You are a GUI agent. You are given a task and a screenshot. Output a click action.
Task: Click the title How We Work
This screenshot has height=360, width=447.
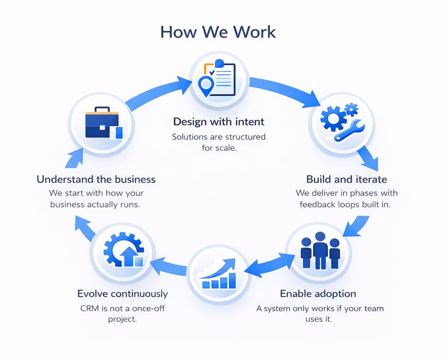click(x=218, y=31)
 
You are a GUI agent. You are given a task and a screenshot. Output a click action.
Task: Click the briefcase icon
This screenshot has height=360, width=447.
click(x=102, y=123)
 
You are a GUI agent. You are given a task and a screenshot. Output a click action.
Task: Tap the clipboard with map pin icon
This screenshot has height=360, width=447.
click(x=217, y=79)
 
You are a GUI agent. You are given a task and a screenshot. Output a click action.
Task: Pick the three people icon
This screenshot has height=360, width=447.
click(x=320, y=252)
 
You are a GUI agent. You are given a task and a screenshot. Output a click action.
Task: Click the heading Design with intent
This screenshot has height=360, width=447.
click(x=218, y=122)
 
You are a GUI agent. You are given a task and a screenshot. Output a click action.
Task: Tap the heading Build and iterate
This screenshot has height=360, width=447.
click(x=346, y=179)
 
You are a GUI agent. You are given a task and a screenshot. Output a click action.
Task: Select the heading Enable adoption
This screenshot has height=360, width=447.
click(x=318, y=294)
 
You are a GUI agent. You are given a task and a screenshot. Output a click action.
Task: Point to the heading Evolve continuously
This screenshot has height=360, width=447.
click(x=122, y=294)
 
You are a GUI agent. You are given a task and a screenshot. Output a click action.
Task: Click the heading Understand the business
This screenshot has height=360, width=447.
click(x=96, y=179)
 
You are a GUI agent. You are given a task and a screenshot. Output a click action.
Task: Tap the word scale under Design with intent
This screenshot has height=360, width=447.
click(x=225, y=149)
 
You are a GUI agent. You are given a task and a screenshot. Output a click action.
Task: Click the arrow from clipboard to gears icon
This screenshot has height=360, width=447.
click(x=285, y=90)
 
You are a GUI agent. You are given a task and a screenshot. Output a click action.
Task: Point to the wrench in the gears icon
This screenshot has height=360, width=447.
click(x=349, y=131)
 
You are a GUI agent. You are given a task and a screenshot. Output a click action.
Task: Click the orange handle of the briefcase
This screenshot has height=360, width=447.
click(x=102, y=109)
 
